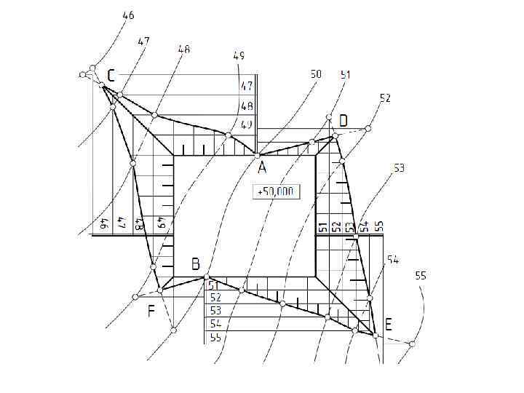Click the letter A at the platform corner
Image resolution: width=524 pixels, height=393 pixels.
pos(262,167)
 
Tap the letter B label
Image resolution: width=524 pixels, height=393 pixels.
pos(195,264)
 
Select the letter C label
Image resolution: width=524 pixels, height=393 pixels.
pos(111,76)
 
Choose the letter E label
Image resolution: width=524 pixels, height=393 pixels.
pos(388,325)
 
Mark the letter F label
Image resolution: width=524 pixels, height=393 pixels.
pos(151,312)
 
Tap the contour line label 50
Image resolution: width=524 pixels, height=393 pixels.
pos(315,74)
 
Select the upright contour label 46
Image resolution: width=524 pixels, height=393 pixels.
pos(128,15)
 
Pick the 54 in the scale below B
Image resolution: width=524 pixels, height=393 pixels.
pos(215,322)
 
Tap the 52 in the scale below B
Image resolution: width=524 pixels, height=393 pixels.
pos(215,297)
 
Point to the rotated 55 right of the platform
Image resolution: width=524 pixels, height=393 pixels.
pos(378,226)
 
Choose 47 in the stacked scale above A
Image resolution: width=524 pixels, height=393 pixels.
pos(247,86)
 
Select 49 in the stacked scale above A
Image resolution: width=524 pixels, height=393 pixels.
pos(247,124)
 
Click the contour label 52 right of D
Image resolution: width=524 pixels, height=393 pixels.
pos(385,98)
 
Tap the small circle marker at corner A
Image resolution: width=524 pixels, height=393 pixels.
pos(257,154)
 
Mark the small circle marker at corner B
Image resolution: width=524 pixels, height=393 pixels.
pos(207,277)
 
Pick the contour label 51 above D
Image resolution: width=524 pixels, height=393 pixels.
pos(346,74)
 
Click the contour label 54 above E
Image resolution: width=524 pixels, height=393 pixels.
pos(392,259)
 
